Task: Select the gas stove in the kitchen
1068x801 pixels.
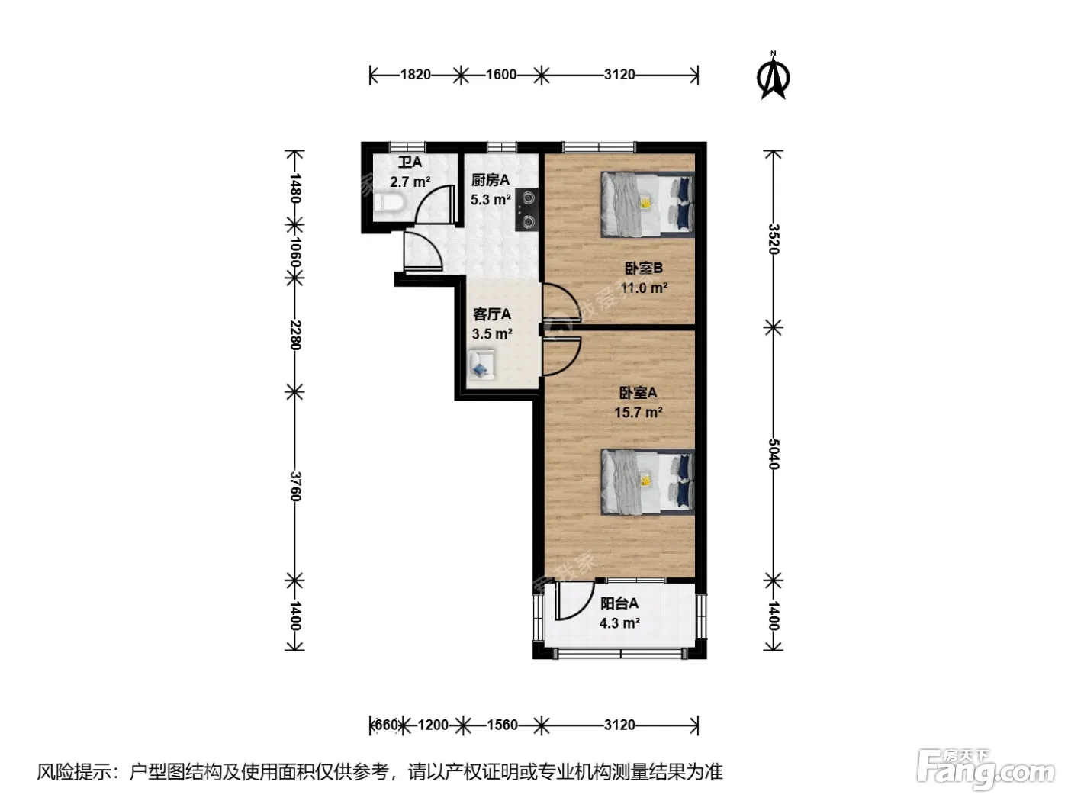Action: pyautogui.click(x=527, y=209)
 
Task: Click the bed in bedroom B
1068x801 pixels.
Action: pyautogui.click(x=648, y=204)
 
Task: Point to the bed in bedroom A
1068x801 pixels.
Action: pyautogui.click(x=648, y=481)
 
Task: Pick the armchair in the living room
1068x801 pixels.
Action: pyautogui.click(x=481, y=365)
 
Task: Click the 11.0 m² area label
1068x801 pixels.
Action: pyautogui.click(x=644, y=288)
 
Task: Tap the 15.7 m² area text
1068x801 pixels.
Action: pyautogui.click(x=638, y=413)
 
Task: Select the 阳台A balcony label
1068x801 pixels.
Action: pyautogui.click(x=619, y=603)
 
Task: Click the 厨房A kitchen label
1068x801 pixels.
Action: pyautogui.click(x=490, y=180)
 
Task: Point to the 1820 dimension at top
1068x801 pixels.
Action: pyautogui.click(x=415, y=75)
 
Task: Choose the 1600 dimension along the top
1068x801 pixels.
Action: pyautogui.click(x=501, y=75)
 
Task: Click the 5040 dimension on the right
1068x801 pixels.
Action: pyautogui.click(x=774, y=454)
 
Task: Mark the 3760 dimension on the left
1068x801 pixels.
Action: pyautogui.click(x=295, y=486)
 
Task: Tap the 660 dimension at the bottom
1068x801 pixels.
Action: pyautogui.click(x=386, y=725)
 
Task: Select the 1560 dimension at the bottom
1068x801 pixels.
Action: pyautogui.click(x=502, y=725)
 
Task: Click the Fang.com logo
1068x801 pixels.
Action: pyautogui.click(x=986, y=770)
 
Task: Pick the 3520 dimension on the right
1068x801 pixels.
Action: pyautogui.click(x=774, y=239)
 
